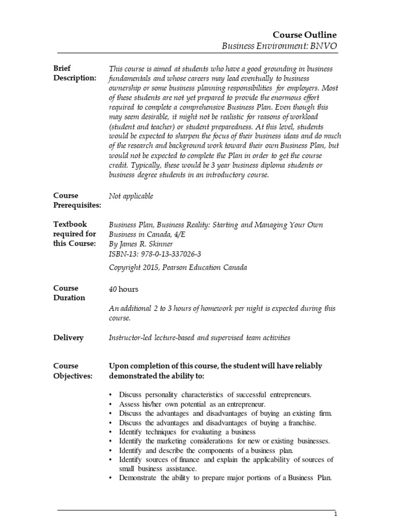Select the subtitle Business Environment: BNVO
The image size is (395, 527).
(279, 46)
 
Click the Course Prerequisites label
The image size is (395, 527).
(78, 200)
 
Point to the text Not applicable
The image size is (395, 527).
(131, 196)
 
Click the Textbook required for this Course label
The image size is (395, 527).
(75, 234)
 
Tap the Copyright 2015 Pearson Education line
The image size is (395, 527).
(178, 267)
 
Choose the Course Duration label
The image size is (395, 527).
(69, 293)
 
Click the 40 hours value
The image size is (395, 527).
(123, 289)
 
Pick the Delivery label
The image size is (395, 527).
(68, 338)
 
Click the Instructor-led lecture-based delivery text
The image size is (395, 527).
(200, 338)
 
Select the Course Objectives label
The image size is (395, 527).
(73, 371)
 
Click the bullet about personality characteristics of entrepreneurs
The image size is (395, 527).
(215, 395)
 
